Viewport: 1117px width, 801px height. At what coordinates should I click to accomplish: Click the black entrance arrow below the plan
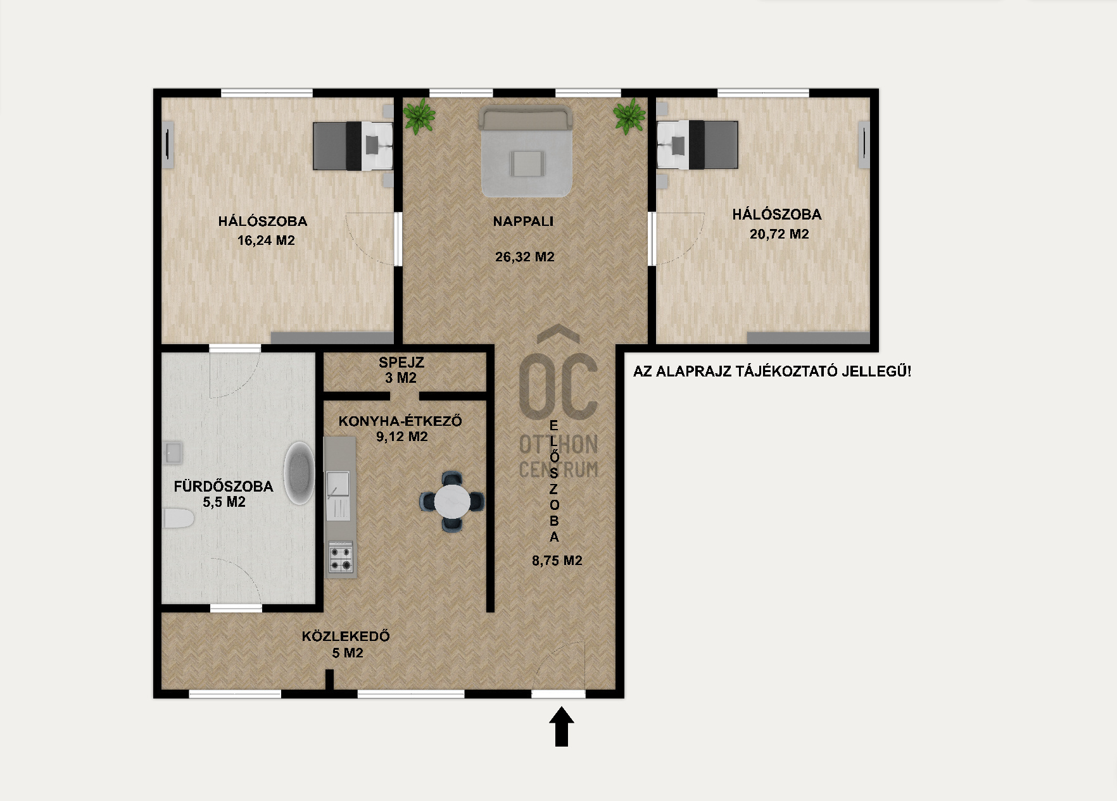coord(561,727)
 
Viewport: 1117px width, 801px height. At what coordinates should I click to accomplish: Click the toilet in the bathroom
coord(179,518)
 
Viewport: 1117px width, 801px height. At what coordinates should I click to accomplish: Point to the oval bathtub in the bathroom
coord(299,473)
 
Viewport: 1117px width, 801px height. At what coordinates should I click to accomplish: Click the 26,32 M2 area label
coord(525,257)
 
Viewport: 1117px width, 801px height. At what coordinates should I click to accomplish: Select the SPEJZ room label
coord(401,363)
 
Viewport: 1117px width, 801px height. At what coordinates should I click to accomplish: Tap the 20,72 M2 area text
coord(779,234)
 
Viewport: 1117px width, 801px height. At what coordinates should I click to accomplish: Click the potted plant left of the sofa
coord(418,116)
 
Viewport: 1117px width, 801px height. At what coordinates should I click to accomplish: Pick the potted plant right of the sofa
coord(629,116)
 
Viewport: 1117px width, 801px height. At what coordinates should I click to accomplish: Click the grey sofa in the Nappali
coord(526,151)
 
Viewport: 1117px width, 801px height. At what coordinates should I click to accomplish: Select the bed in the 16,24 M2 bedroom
coord(353,146)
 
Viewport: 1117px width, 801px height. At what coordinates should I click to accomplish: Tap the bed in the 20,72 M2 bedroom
coord(698,145)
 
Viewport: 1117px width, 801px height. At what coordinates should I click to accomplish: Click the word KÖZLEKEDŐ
coord(346,636)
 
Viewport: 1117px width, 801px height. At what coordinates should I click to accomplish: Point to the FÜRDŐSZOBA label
coord(224,487)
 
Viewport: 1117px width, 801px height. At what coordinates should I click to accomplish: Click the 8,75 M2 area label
coord(557,561)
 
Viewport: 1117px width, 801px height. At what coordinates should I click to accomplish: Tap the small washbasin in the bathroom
coord(173,452)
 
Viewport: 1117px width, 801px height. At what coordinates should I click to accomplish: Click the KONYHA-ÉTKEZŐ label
coord(400,421)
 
